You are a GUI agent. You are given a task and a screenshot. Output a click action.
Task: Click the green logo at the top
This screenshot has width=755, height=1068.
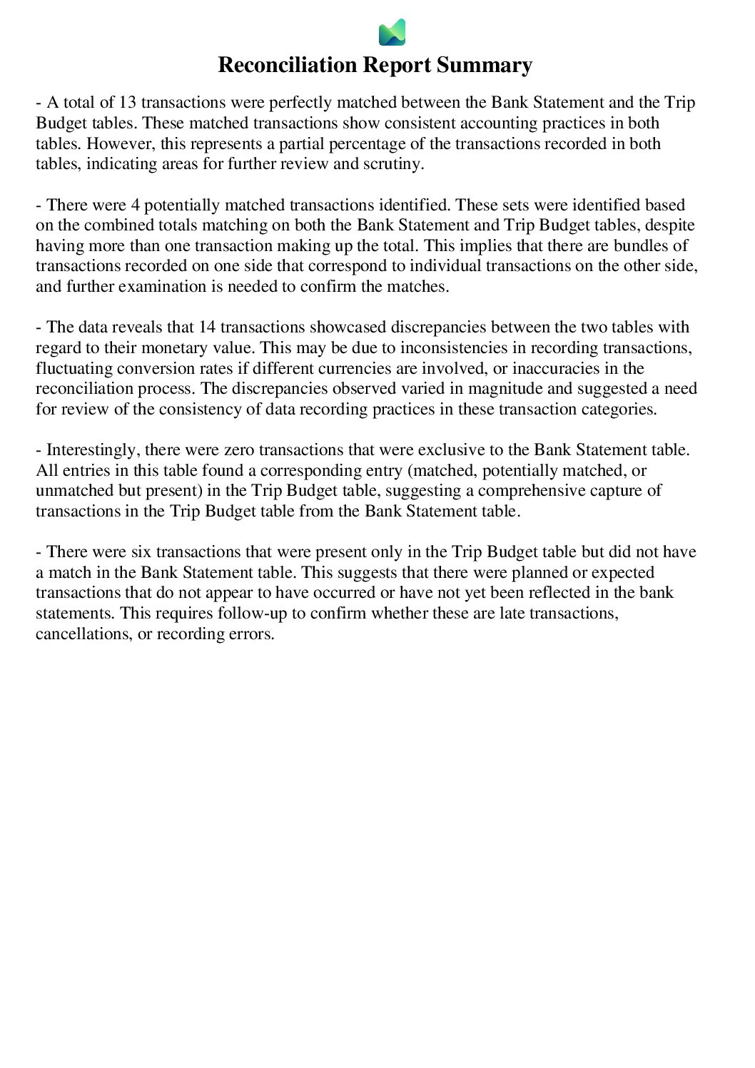[392, 32]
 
